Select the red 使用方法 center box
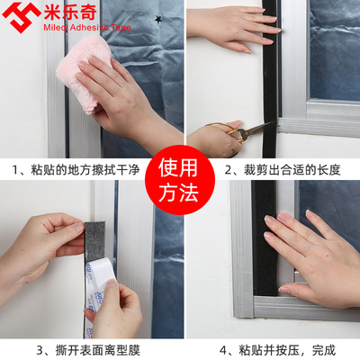tap(181, 180)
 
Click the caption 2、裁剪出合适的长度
tap(275, 168)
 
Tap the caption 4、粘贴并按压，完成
tap(275, 348)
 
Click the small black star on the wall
tap(159, 19)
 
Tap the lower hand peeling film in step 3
tap(117, 310)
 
